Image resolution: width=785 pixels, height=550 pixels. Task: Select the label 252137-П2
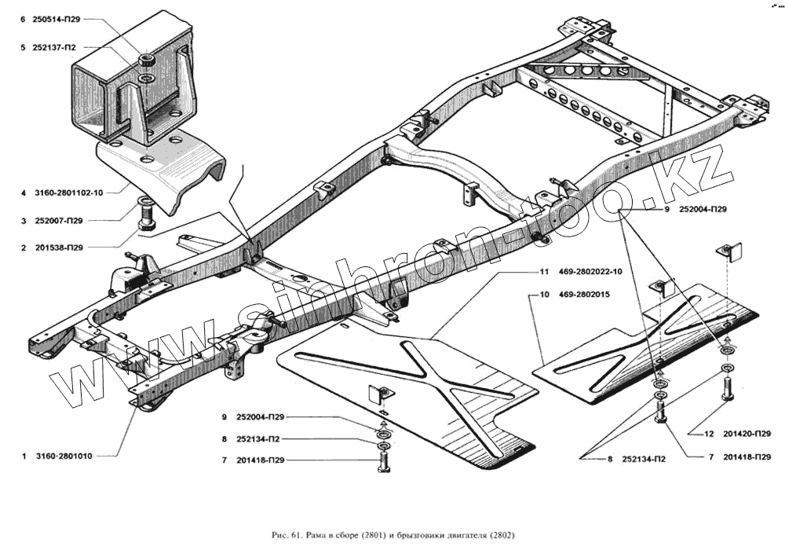57,47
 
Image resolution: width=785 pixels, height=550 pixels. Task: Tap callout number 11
543,272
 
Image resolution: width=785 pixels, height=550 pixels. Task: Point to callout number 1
25,456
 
